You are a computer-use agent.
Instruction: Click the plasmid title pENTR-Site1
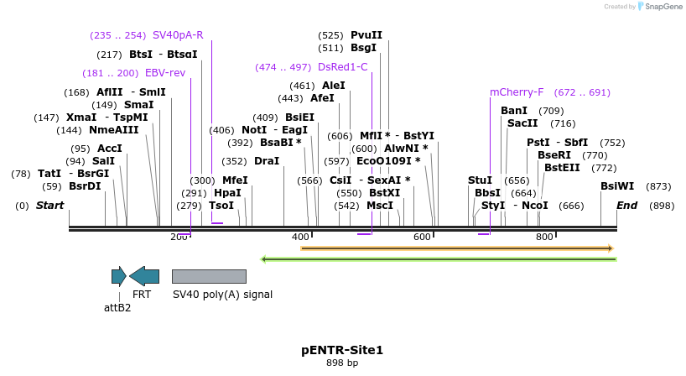pyautogui.click(x=342, y=350)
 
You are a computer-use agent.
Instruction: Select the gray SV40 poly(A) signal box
pyautogui.click(x=209, y=276)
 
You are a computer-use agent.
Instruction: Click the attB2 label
pyautogui.click(x=117, y=307)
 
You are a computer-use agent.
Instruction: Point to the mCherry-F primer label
pyautogui.click(x=517, y=92)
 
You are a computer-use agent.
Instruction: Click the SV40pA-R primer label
pyautogui.click(x=178, y=35)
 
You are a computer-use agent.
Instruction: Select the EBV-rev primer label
pyautogui.click(x=165, y=73)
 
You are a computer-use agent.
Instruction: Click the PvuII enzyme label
pyautogui.click(x=366, y=35)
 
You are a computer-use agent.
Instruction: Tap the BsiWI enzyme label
pyautogui.click(x=617, y=186)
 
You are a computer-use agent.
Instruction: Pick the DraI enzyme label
pyautogui.click(x=267, y=161)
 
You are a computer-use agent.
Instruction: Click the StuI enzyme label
pyautogui.click(x=480, y=180)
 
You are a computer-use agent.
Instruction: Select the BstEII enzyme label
pyautogui.click(x=562, y=168)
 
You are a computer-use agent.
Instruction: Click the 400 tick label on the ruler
pyautogui.click(x=301, y=238)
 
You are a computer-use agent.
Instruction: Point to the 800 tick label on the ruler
pyautogui.click(x=544, y=238)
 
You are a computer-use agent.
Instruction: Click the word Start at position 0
pyautogui.click(x=49, y=206)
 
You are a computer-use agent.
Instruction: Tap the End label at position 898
pyautogui.click(x=627, y=206)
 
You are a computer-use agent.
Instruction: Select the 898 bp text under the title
pyautogui.click(x=342, y=363)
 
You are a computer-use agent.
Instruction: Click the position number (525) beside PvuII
pyautogui.click(x=330, y=35)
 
